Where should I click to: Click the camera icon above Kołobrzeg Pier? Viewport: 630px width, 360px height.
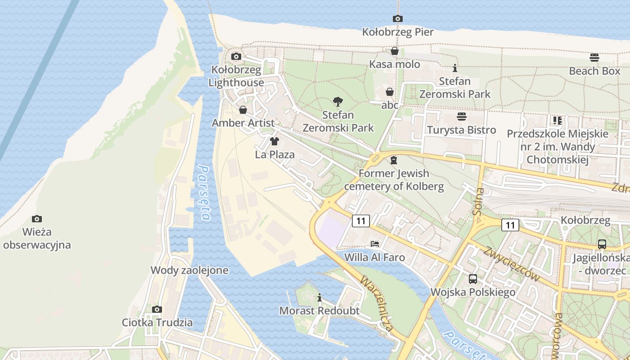[397, 18]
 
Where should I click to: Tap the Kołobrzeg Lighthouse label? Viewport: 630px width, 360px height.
[236, 76]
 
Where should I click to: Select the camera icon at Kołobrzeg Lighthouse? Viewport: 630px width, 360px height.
[236, 56]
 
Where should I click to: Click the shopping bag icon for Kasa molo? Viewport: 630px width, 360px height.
[395, 51]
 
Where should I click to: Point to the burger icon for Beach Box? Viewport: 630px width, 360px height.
[594, 58]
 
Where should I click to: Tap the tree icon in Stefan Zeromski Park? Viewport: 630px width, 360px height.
[337, 102]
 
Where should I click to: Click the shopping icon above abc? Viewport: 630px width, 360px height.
[390, 92]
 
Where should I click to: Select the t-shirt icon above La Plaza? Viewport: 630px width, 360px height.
[274, 141]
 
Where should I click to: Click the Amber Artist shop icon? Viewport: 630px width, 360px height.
[243, 110]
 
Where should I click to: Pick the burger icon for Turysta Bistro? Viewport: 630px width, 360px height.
[461, 117]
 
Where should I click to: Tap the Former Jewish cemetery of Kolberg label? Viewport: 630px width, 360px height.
[394, 180]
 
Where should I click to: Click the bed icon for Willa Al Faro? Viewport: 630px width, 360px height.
[374, 244]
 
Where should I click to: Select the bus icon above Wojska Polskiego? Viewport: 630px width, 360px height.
[472, 279]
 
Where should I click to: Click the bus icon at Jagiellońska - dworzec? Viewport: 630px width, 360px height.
[602, 244]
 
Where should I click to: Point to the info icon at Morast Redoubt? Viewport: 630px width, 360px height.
[319, 297]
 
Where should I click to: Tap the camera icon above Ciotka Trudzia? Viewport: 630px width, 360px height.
[157, 309]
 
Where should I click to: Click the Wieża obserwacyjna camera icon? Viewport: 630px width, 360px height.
[37, 219]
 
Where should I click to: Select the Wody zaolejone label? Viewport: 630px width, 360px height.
[189, 270]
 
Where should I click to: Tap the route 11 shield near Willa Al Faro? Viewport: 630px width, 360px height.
[360, 220]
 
